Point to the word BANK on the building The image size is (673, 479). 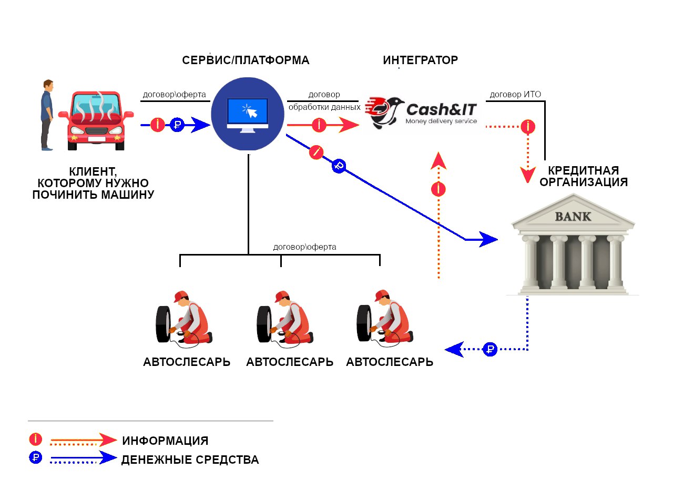(573, 216)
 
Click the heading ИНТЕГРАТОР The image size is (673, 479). (420, 60)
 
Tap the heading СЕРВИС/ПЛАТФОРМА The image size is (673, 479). (246, 60)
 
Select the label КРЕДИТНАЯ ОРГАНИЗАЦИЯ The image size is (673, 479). (584, 177)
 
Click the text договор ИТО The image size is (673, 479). (515, 95)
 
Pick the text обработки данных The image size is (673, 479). (324, 107)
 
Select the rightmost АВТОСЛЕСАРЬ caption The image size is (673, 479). (390, 362)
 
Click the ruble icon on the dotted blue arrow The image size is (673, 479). (490, 349)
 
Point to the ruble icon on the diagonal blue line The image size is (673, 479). (339, 167)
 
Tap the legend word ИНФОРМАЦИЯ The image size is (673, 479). (165, 441)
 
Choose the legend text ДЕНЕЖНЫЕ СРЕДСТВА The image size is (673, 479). (190, 460)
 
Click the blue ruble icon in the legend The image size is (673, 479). (36, 457)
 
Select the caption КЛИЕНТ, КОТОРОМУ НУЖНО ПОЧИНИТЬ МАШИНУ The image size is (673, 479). (93, 183)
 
